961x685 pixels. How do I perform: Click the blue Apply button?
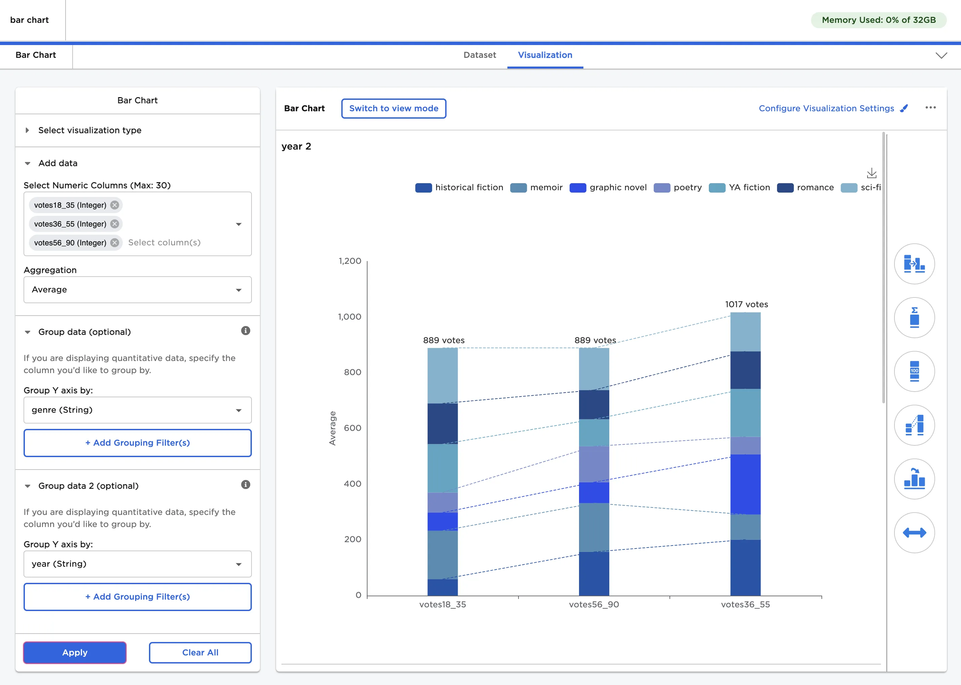(x=75, y=652)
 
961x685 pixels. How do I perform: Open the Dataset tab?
(x=479, y=55)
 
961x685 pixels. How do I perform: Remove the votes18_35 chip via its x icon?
(x=115, y=205)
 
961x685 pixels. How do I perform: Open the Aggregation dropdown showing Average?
(x=138, y=290)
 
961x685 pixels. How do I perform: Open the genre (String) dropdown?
(x=138, y=410)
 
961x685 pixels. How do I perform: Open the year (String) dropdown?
(x=138, y=564)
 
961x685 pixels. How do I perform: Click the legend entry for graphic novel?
(x=608, y=187)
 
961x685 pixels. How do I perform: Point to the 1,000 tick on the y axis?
(x=349, y=317)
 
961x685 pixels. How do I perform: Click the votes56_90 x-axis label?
(x=593, y=604)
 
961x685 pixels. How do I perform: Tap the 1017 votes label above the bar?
(x=746, y=304)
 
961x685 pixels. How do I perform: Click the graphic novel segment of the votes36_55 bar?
(x=745, y=484)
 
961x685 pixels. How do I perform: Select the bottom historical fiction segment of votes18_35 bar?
(x=442, y=587)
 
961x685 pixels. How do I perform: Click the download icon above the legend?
(x=871, y=173)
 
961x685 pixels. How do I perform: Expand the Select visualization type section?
(x=89, y=130)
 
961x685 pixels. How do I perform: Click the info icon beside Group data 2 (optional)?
(x=245, y=485)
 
